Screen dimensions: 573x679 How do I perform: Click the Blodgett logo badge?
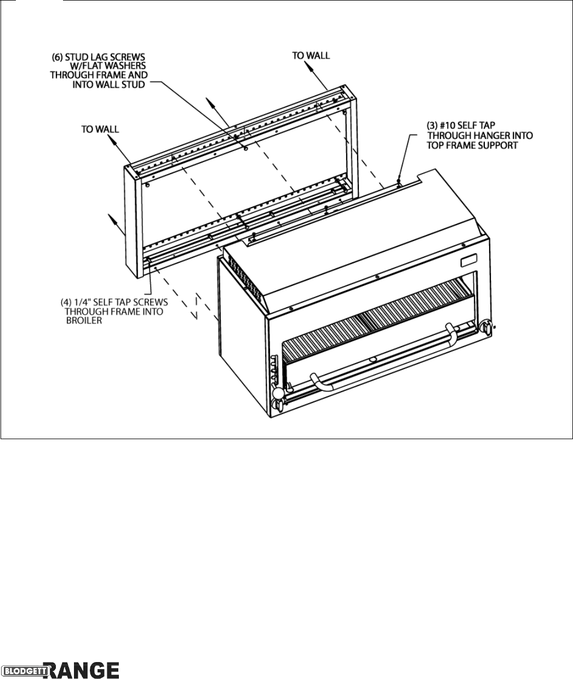tap(25, 671)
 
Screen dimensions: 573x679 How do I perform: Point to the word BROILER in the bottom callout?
tap(84, 321)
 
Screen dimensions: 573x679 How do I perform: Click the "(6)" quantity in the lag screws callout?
tap(58, 57)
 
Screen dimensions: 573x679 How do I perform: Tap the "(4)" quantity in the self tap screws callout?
tap(66, 302)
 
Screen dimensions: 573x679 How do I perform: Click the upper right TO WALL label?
tap(311, 56)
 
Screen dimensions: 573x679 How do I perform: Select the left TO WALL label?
tap(100, 129)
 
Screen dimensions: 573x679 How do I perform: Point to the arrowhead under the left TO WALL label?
tap(112, 140)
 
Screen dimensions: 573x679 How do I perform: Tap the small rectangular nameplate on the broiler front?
tap(468, 261)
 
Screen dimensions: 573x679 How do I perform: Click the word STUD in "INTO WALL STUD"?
tap(135, 84)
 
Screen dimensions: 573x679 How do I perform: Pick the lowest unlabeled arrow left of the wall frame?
tap(116, 225)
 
